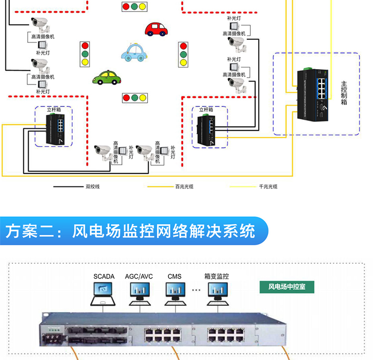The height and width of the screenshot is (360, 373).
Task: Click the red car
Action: click(156, 29)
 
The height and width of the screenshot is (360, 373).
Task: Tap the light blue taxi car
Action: click(134, 53)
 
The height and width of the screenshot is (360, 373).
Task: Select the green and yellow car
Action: click(107, 78)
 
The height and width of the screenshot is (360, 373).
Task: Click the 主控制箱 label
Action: click(344, 93)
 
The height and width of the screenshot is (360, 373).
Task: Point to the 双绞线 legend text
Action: click(93, 186)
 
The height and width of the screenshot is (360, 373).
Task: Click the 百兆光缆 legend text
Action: click(185, 186)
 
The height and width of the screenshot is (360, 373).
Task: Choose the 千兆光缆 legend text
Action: click(268, 186)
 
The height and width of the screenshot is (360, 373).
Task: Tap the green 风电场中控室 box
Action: click(287, 287)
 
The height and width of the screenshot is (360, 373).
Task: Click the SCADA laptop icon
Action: click(103, 294)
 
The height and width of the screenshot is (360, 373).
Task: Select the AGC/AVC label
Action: click(139, 276)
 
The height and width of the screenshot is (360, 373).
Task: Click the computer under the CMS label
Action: click(176, 294)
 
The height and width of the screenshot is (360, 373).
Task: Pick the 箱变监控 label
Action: click(216, 276)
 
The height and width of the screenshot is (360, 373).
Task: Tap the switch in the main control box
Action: click(313, 94)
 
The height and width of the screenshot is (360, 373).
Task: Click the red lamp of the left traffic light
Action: click(85, 45)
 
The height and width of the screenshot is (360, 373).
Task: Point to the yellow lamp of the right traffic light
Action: click(184, 63)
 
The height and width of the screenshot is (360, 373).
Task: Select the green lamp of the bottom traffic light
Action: click(135, 98)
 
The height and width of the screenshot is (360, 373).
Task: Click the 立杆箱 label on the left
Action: click(54, 109)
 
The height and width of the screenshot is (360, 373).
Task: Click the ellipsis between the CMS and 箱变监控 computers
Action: click(196, 290)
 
